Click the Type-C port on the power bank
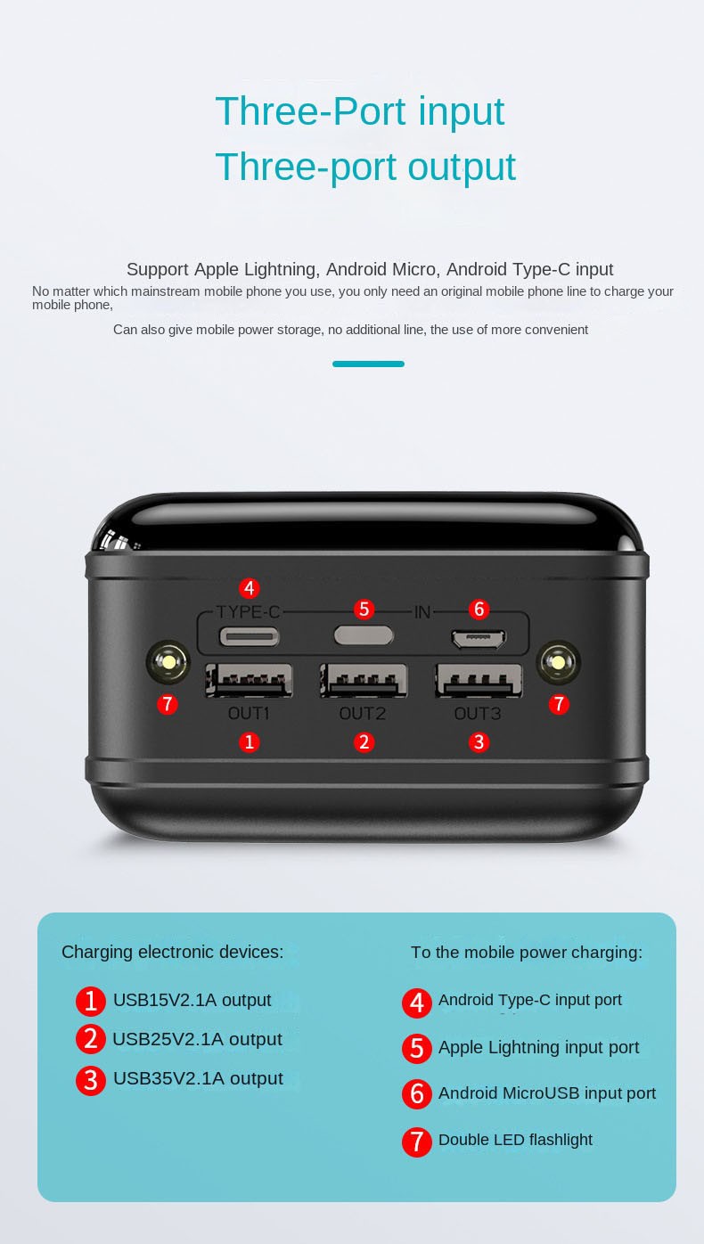[250, 636]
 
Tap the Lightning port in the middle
[364, 635]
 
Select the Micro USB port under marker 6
[479, 639]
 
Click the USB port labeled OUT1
[249, 680]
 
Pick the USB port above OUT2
[364, 680]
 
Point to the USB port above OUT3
[479, 680]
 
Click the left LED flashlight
[168, 662]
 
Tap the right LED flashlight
[559, 662]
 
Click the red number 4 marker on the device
[250, 588]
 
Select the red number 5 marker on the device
[364, 610]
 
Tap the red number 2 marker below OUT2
[364, 742]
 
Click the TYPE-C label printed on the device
[248, 612]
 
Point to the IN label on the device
[422, 612]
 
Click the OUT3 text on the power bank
[478, 714]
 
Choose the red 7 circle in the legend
[417, 1142]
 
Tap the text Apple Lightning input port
[538, 1047]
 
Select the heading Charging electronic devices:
[172, 952]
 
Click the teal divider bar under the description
[368, 364]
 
